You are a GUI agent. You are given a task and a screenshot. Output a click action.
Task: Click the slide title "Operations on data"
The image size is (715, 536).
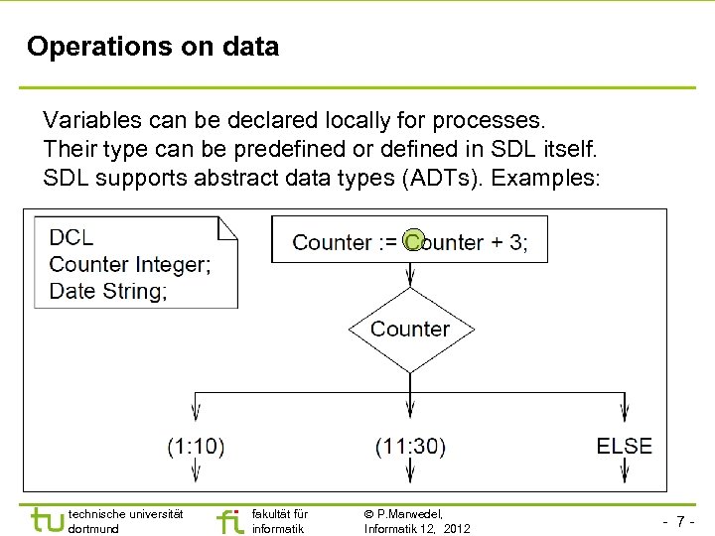[153, 47]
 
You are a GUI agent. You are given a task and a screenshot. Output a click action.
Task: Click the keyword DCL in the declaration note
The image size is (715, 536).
[71, 237]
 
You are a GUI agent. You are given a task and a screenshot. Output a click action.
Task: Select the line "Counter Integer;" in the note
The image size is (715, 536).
[130, 264]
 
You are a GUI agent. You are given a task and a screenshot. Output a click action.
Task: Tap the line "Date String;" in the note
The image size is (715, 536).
[108, 291]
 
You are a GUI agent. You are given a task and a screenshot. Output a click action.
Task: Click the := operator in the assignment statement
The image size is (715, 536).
[386, 242]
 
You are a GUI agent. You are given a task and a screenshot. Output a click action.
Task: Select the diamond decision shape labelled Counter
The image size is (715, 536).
[410, 330]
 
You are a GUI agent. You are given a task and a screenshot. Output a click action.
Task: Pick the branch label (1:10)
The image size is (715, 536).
[196, 447]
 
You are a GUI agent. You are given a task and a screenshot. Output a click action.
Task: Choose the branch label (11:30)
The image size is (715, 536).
[410, 447]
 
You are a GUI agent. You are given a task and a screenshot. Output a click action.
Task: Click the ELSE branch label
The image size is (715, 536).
[625, 447]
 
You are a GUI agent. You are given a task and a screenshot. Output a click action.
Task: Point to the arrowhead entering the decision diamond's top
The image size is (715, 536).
[410, 279]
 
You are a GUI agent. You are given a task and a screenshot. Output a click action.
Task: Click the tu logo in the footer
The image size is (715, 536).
[48, 520]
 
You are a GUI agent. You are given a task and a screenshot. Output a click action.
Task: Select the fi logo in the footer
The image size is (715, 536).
[229, 521]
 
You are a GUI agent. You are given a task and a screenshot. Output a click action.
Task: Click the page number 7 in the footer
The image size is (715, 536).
[680, 521]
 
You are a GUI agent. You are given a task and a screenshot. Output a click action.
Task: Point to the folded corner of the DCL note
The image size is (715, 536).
[229, 227]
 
